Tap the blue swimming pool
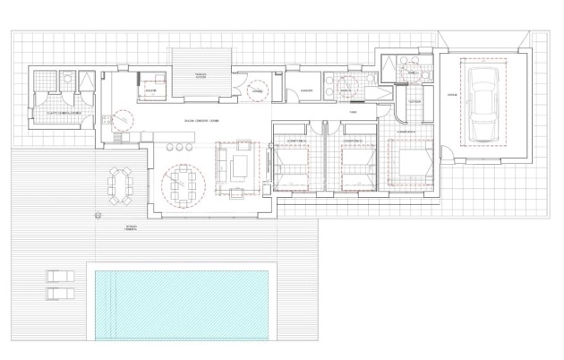tap(182, 304)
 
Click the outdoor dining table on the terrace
tap(118, 184)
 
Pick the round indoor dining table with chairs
tap(183, 184)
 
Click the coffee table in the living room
tap(239, 166)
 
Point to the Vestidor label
tap(414, 101)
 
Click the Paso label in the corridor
tap(353, 111)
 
